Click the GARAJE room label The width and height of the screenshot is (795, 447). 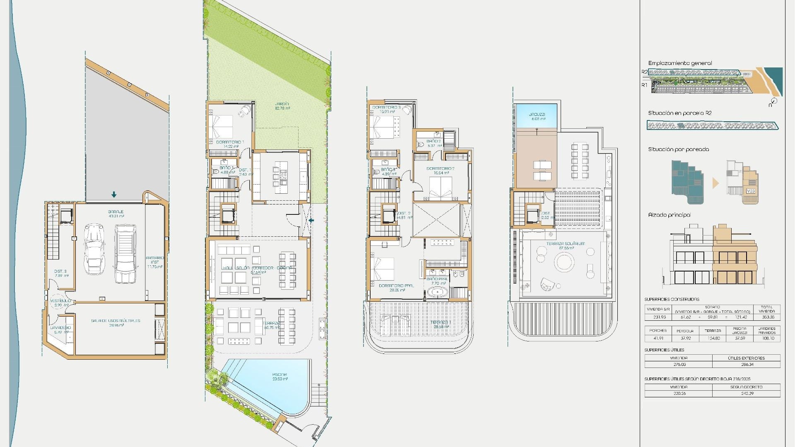pos(116,211)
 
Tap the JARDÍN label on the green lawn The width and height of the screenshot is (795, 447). pos(282,104)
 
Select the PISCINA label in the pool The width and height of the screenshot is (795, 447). pos(279,375)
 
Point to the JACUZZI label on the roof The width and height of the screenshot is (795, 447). pos(537,115)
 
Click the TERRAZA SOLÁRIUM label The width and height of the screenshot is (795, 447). pos(565,244)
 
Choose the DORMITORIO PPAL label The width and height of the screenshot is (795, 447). pos(396,286)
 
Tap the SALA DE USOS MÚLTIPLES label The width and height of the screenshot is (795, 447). pos(116,321)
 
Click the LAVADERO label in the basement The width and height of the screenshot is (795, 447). pos(60,327)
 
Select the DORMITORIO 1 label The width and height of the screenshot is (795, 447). pos(230,142)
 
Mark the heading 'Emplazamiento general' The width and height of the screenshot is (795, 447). pos(680,63)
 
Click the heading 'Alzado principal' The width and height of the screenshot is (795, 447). pos(669,215)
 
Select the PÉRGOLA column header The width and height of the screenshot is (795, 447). pos(685,331)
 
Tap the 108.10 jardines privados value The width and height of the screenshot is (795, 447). pos(768,338)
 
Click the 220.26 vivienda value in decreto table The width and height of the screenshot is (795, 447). pos(679,393)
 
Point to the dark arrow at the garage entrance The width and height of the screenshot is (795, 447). pos(114,195)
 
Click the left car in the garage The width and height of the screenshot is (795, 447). pos(94,249)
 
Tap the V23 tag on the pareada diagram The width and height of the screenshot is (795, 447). pos(750,191)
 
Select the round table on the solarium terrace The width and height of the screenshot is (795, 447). pos(564,262)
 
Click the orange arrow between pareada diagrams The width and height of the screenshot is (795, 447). pos(715,183)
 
